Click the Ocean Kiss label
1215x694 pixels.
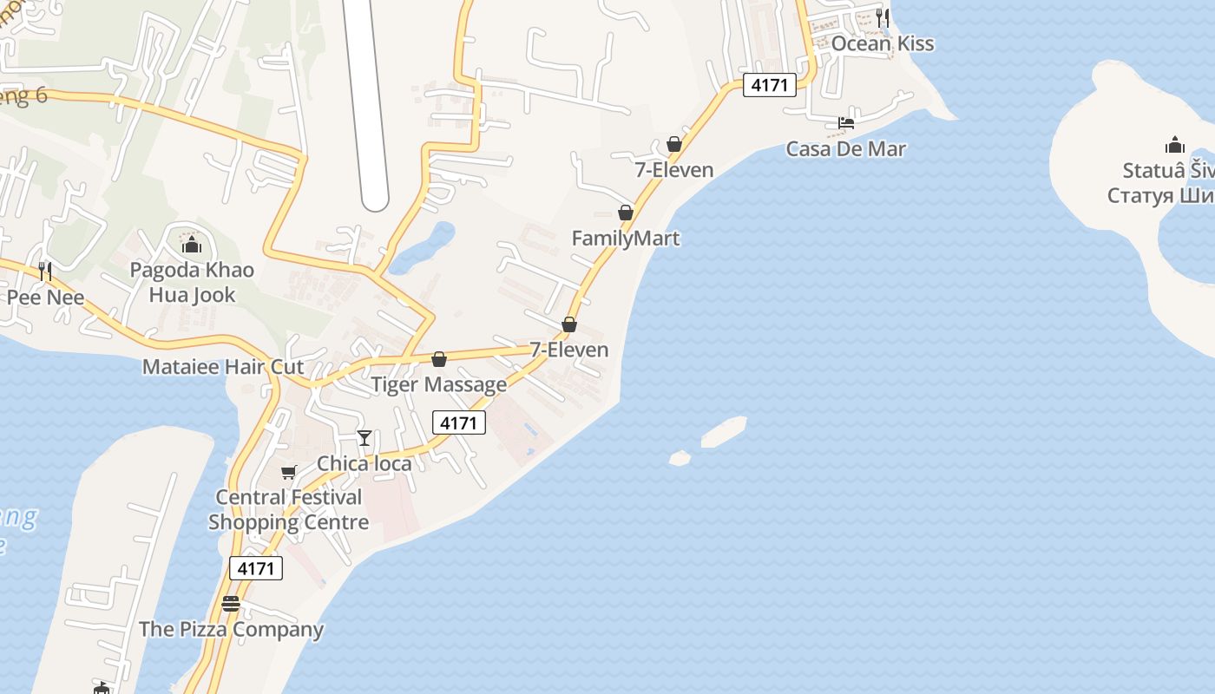pos(882,43)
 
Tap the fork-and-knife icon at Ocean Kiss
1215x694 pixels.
pos(883,17)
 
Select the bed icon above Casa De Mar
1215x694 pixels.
pos(846,123)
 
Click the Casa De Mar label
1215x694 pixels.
pos(845,148)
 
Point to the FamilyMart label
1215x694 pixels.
pos(625,238)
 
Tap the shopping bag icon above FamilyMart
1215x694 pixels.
pos(626,213)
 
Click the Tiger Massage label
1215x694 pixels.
pos(438,384)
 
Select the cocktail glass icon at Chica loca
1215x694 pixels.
pos(364,438)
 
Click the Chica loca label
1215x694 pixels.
pos(364,463)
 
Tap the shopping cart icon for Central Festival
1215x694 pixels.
pos(288,473)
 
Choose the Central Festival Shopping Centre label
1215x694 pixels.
pos(288,510)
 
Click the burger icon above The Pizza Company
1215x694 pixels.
pos(231,604)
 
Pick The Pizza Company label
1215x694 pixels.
pos(231,629)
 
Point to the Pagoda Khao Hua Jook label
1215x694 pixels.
pos(192,282)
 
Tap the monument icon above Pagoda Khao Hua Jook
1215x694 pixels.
pos(192,246)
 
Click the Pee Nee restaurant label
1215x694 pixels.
pos(45,298)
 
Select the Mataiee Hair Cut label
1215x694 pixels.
pos(223,366)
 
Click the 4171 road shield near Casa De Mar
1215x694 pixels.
pos(769,85)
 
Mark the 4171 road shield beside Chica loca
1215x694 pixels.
pos(458,422)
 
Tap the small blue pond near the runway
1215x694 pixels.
pos(422,248)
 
